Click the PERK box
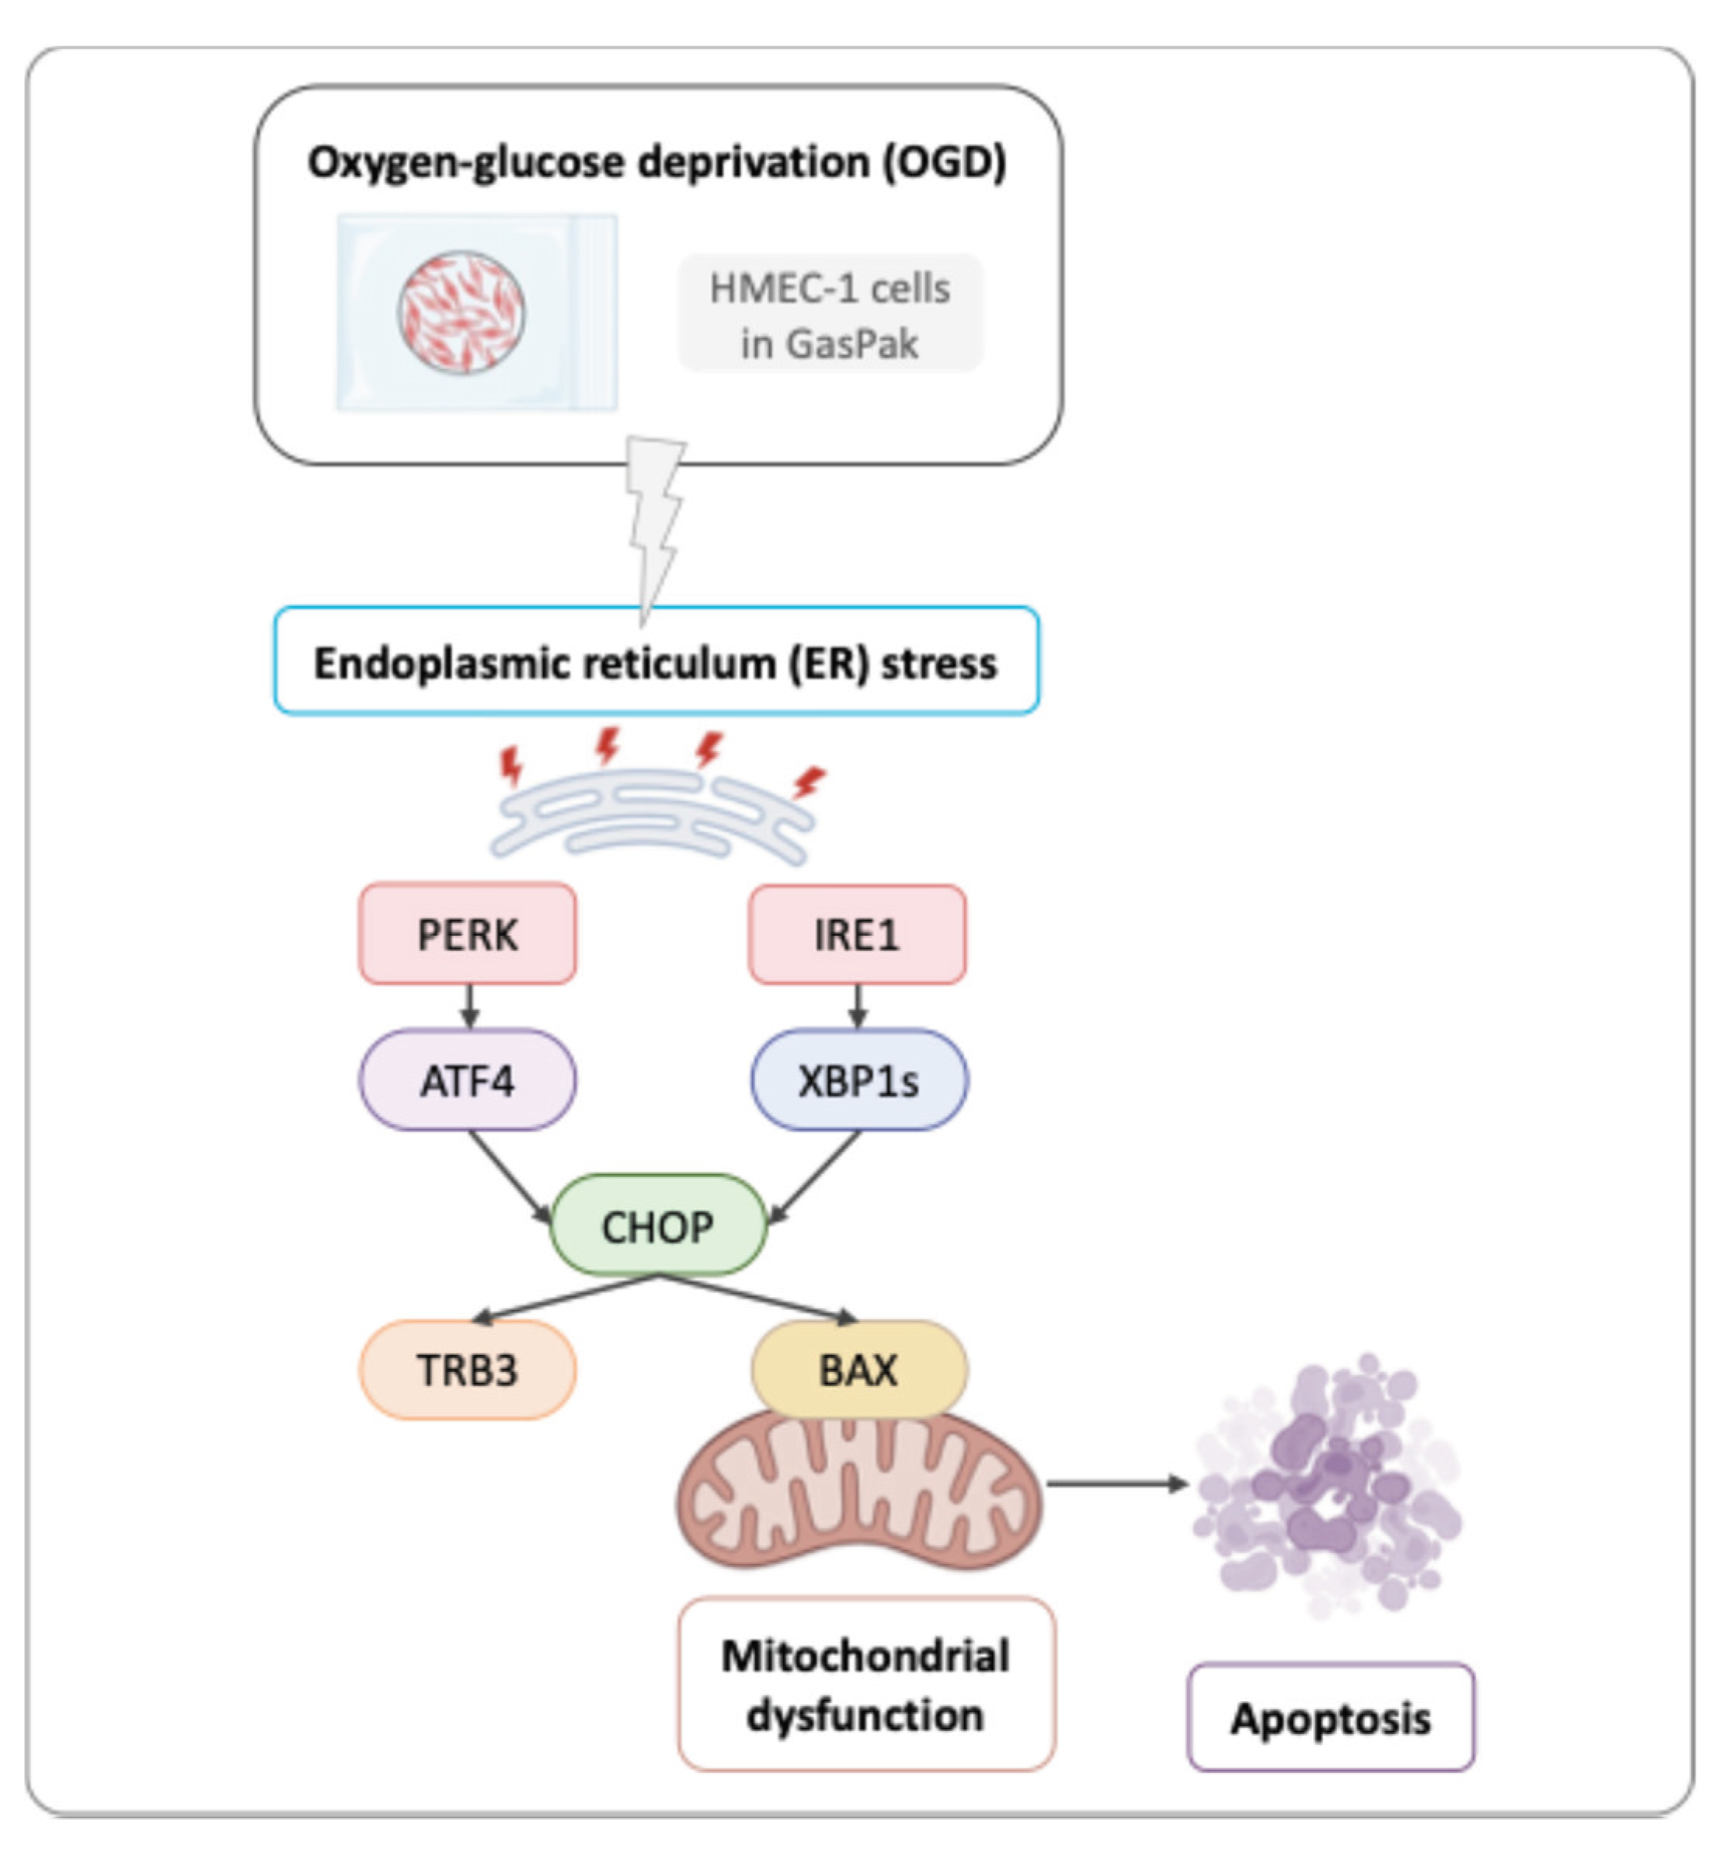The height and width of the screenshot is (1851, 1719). (467, 934)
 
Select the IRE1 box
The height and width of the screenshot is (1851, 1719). (856, 934)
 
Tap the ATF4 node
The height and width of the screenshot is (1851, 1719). (467, 1080)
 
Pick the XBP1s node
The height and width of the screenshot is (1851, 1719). (859, 1080)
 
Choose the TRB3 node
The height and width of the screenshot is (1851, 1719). (467, 1370)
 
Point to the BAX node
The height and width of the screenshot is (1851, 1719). (859, 1370)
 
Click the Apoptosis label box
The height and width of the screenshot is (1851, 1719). (1330, 1718)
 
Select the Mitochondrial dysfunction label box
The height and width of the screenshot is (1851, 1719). (866, 1685)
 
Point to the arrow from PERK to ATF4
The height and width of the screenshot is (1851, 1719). (469, 1006)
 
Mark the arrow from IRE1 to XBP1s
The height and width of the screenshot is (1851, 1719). (858, 1006)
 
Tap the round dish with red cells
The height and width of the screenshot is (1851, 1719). (462, 313)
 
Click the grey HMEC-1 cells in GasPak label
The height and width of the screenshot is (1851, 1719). (830, 314)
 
